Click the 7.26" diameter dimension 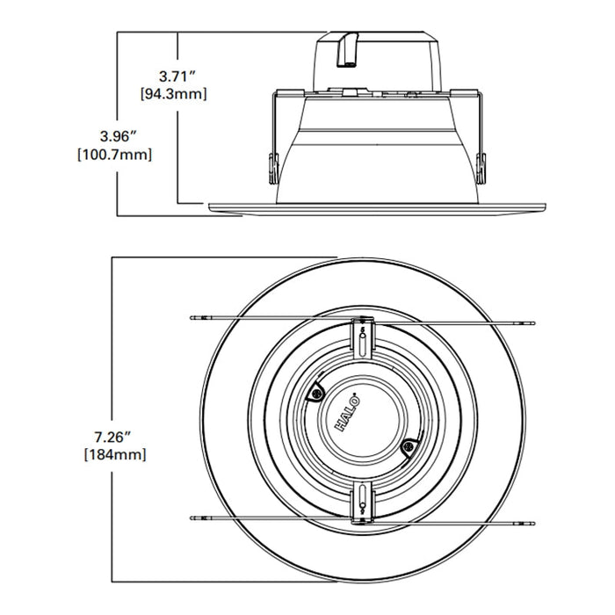pyautogui.click(x=116, y=437)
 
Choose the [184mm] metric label pyautogui.click(x=116, y=454)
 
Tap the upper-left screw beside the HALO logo pyautogui.click(x=315, y=394)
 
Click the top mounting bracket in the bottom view pyautogui.click(x=361, y=334)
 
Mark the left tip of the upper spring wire pyautogui.click(x=193, y=316)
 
